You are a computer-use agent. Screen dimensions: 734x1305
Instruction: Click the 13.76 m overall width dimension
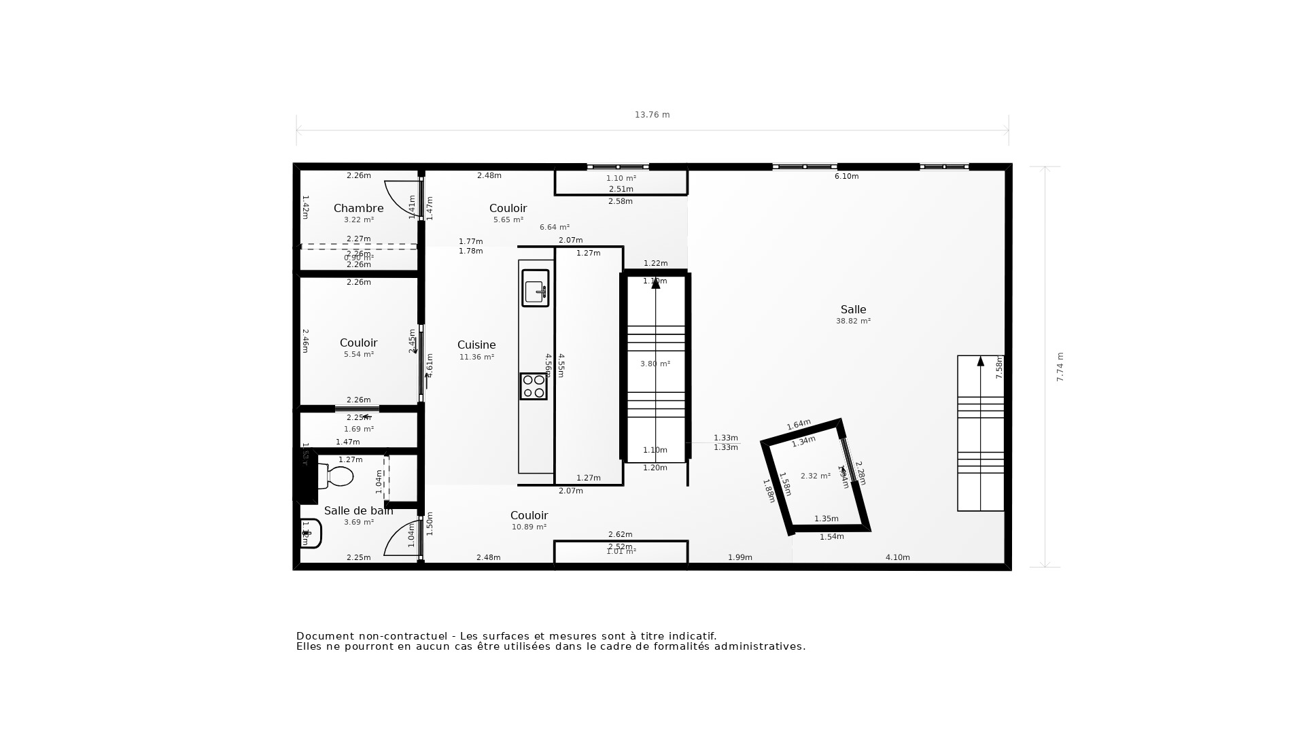[x=652, y=115]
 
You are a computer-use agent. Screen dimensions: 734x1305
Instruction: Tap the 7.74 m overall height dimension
[x=1060, y=367]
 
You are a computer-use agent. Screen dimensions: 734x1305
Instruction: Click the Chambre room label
[x=358, y=208]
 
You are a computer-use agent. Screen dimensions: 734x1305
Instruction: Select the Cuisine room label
[x=476, y=345]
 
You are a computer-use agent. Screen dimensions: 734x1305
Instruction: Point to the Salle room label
[x=853, y=309]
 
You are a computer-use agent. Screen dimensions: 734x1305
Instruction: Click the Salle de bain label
[x=358, y=510]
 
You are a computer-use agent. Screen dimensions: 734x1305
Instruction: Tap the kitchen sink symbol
[x=535, y=288]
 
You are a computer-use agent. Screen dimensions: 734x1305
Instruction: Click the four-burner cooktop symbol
[x=534, y=386]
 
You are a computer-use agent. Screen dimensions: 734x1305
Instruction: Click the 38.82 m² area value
[x=853, y=321]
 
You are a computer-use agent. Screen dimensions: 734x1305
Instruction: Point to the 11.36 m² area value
[x=476, y=357]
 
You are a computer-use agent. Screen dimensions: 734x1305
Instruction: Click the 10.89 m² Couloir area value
[x=529, y=527]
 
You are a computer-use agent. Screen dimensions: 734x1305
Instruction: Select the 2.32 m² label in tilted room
[x=815, y=476]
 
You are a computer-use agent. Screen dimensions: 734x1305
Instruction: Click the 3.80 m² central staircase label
[x=655, y=364]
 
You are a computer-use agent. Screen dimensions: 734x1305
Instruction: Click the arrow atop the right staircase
[x=980, y=362]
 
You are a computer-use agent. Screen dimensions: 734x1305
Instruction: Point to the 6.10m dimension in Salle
[x=846, y=176]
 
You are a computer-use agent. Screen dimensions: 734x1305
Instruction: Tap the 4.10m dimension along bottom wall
[x=897, y=557]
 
